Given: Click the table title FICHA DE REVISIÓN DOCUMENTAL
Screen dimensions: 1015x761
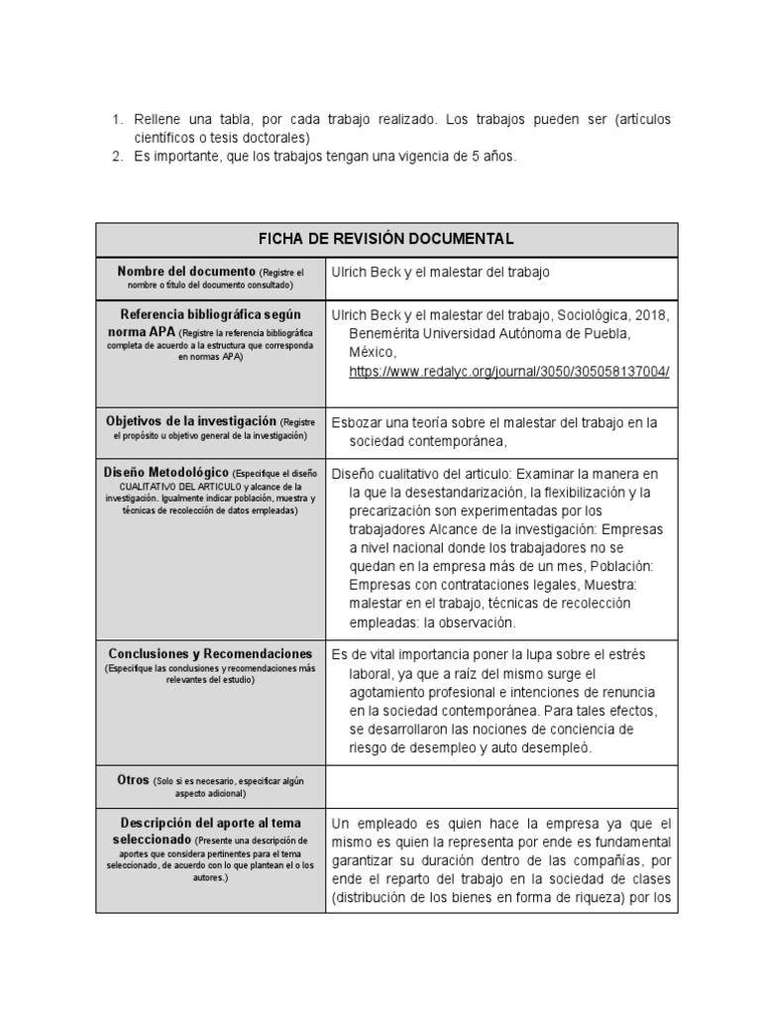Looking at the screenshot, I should [385, 240].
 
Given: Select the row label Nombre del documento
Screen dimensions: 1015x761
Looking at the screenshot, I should [186, 272].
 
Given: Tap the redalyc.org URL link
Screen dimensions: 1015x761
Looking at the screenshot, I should [509, 371].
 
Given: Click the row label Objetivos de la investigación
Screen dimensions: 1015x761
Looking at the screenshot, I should [191, 421].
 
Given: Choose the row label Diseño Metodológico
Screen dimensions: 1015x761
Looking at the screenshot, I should [164, 474].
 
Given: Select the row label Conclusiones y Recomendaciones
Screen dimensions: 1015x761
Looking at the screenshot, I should [211, 654].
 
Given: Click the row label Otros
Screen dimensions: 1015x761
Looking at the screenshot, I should [133, 780].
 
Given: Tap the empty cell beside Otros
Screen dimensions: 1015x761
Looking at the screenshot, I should [501, 787].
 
